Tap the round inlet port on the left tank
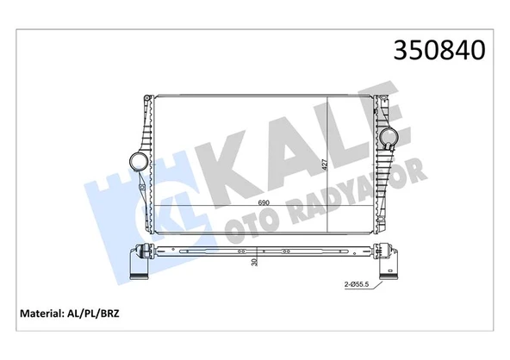point(135,161)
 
